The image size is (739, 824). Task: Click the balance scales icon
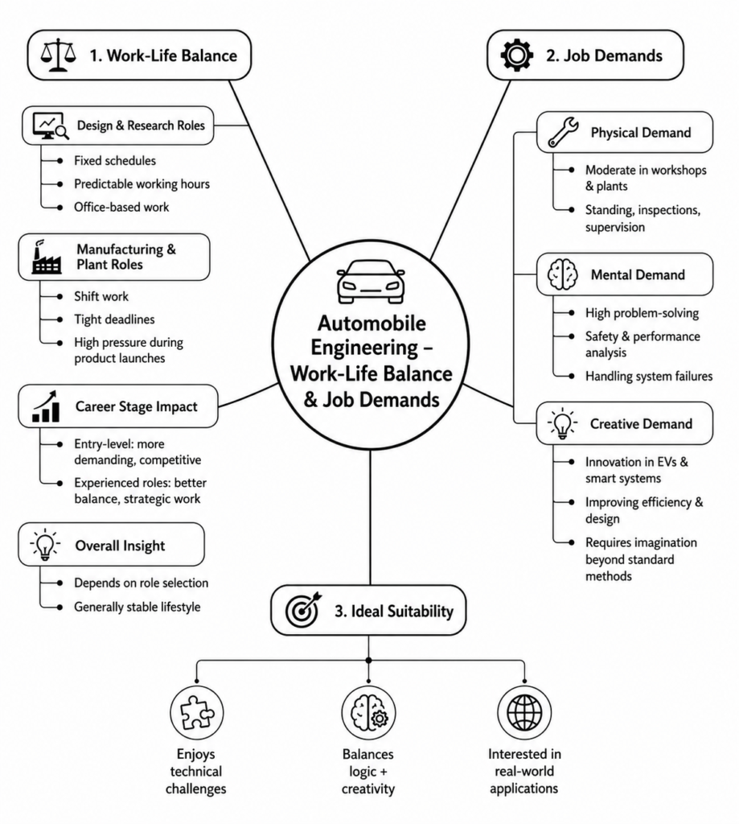pyautogui.click(x=58, y=55)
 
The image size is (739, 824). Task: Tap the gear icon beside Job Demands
pyautogui.click(x=517, y=55)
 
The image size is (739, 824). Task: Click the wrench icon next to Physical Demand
pyautogui.click(x=563, y=131)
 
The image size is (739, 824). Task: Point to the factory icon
pyautogui.click(x=46, y=257)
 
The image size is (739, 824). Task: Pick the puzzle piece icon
pyautogui.click(x=196, y=713)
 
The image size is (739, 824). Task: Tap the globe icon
pyautogui.click(x=524, y=713)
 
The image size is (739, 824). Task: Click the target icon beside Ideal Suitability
pyautogui.click(x=303, y=610)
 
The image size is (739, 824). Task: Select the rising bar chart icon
pyautogui.click(x=46, y=406)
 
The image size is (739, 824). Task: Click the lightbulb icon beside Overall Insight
pyautogui.click(x=45, y=545)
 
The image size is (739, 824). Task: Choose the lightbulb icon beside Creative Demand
pyautogui.click(x=562, y=423)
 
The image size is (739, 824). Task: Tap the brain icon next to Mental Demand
pyautogui.click(x=563, y=274)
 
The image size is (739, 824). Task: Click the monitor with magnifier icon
pyautogui.click(x=51, y=126)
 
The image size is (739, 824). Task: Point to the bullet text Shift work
pyautogui.click(x=101, y=296)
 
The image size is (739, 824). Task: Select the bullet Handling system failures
pyautogui.click(x=649, y=377)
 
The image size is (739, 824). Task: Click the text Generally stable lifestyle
pyautogui.click(x=137, y=607)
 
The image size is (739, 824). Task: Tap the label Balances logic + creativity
pyautogui.click(x=368, y=771)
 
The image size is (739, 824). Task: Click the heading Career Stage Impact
pyautogui.click(x=137, y=406)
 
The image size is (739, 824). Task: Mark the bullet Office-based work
pyautogui.click(x=121, y=207)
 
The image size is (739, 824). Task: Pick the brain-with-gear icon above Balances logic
pyautogui.click(x=369, y=713)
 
